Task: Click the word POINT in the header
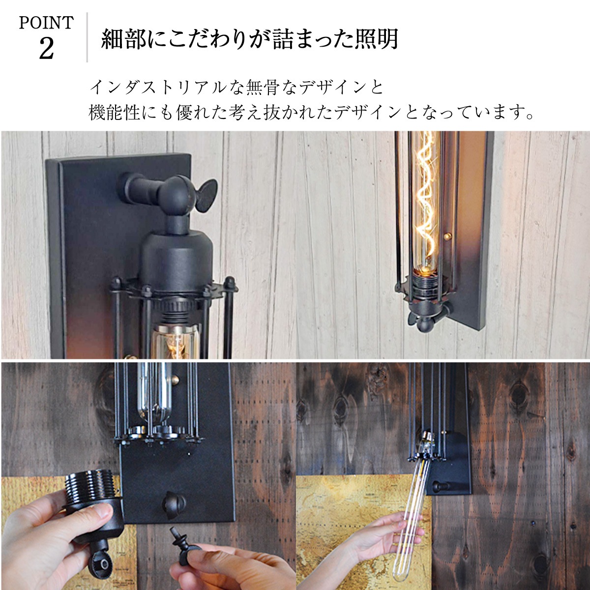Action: [x=47, y=23]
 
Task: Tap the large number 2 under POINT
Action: [x=47, y=49]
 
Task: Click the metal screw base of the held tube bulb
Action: [x=426, y=442]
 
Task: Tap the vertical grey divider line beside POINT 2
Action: [x=87, y=37]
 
